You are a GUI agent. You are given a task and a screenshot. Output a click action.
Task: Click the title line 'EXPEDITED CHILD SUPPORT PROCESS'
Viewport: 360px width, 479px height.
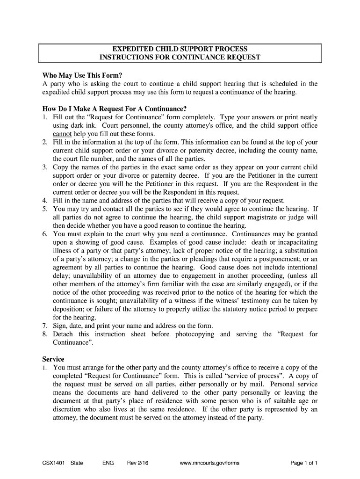(x=180, y=49)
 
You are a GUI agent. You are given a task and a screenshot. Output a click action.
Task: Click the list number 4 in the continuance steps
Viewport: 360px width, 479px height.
(x=45, y=201)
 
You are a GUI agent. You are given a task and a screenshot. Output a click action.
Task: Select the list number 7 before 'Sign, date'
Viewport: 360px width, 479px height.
(x=45, y=326)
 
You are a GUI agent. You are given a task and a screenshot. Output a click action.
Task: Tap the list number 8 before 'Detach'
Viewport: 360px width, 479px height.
(x=45, y=334)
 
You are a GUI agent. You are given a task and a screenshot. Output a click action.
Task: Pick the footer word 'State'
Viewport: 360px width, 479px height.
(x=77, y=463)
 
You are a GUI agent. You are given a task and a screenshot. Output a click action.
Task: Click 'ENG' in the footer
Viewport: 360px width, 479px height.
(x=108, y=463)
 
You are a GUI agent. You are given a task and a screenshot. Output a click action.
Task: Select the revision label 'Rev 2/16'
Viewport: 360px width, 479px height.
(x=138, y=463)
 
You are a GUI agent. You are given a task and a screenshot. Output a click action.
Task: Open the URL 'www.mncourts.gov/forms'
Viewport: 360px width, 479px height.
(x=209, y=463)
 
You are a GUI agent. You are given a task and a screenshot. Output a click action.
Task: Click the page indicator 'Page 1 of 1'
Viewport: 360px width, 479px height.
(x=304, y=463)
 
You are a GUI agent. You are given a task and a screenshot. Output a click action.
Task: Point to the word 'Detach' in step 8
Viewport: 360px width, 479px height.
(x=63, y=334)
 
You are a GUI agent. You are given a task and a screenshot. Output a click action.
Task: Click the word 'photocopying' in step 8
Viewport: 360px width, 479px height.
(x=194, y=334)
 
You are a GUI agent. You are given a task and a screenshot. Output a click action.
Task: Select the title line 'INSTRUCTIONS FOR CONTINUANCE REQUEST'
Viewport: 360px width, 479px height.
(x=180, y=58)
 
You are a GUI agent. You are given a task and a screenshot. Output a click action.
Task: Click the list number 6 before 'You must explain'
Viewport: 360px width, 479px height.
(x=45, y=234)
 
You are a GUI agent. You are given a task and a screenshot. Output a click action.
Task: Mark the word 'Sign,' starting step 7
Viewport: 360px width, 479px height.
(x=61, y=326)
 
